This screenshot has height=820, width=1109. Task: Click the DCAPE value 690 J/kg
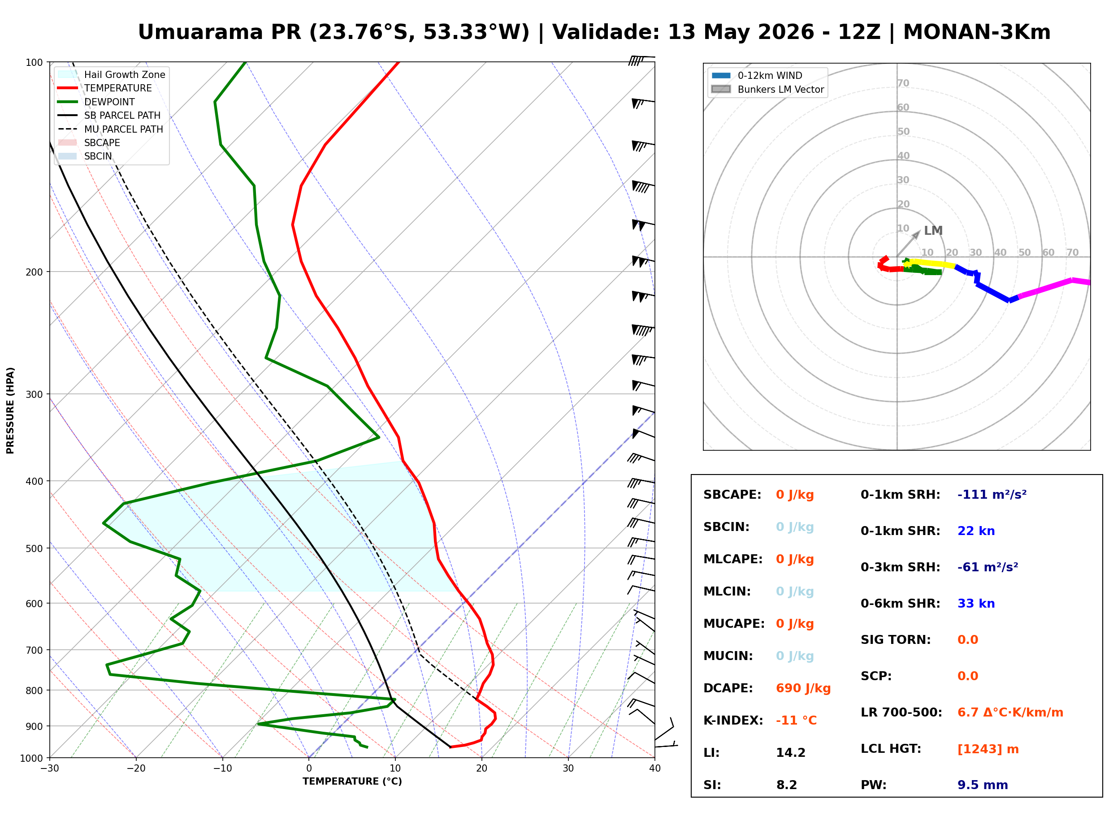pyautogui.click(x=803, y=688)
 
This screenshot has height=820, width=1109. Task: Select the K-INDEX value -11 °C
pyautogui.click(x=796, y=720)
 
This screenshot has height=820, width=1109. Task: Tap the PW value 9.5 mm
pyautogui.click(x=983, y=785)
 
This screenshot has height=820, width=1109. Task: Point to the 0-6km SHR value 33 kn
pyautogui.click(x=976, y=603)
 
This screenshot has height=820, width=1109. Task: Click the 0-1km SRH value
pyautogui.click(x=992, y=494)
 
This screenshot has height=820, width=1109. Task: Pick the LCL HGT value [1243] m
pyautogui.click(x=988, y=749)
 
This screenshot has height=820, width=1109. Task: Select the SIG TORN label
pyautogui.click(x=896, y=640)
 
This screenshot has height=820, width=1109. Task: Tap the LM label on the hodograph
pyautogui.click(x=933, y=231)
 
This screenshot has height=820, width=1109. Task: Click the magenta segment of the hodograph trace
pyautogui.click(x=1053, y=286)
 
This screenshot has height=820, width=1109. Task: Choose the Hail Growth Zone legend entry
pyautogui.click(x=112, y=74)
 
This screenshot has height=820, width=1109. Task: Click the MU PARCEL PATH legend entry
pyautogui.click(x=111, y=129)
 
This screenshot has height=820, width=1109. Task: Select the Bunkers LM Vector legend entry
pyautogui.click(x=767, y=89)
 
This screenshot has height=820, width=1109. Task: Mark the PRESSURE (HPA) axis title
pyautogui.click(x=10, y=410)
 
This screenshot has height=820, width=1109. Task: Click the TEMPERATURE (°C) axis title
pyautogui.click(x=352, y=781)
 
